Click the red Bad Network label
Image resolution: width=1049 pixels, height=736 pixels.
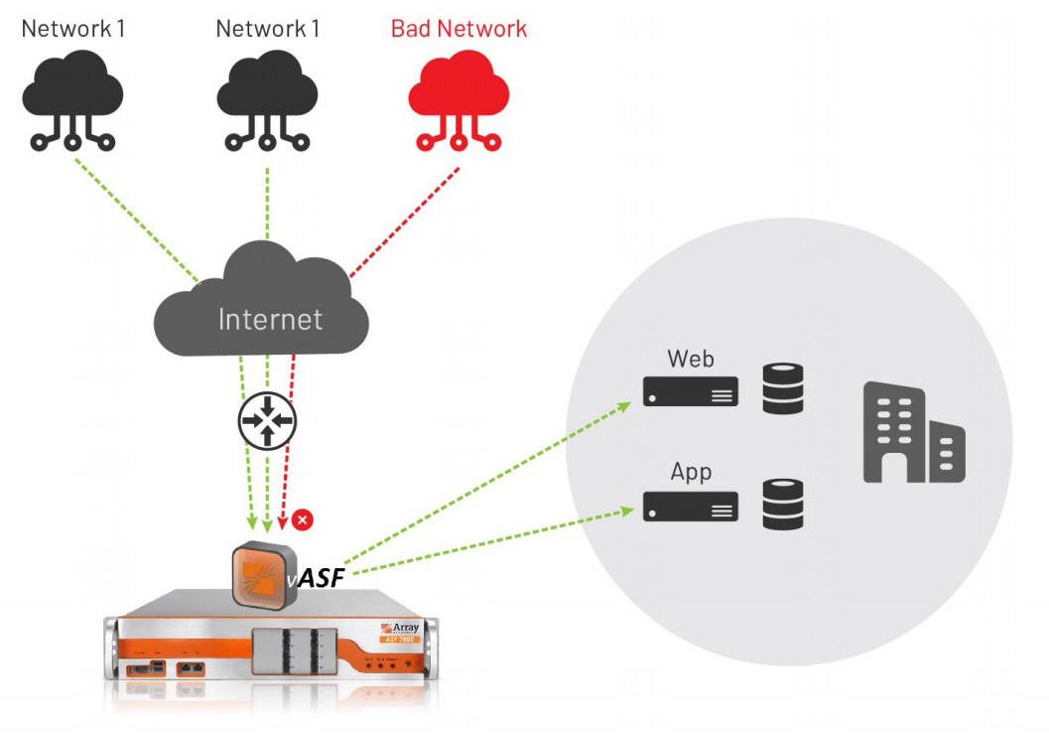(x=459, y=28)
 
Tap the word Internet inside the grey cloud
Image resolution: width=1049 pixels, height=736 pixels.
(x=270, y=319)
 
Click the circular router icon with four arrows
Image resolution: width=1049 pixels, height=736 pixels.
(x=267, y=421)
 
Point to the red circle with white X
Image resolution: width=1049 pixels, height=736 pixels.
(x=304, y=518)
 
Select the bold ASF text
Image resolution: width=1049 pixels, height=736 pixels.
(x=320, y=577)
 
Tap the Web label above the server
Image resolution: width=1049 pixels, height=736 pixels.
(x=691, y=359)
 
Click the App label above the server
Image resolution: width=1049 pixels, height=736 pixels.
(x=691, y=471)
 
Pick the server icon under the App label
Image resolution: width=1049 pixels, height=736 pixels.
(x=690, y=507)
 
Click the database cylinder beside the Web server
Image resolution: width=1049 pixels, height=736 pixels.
(x=782, y=388)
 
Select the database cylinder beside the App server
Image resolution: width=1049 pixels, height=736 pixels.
(x=782, y=504)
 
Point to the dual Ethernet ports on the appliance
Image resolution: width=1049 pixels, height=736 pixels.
(x=190, y=668)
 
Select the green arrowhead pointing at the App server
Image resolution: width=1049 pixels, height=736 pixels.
(x=627, y=511)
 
